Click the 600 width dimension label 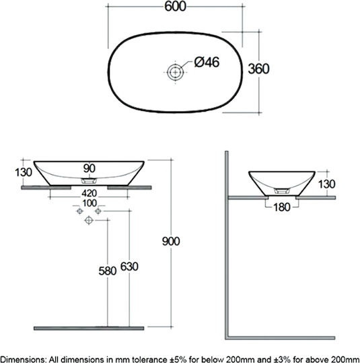pos(175,7)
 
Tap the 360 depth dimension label pos(258,69)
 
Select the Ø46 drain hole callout pos(207,63)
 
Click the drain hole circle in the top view pos(175,72)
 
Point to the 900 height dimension pos(171,241)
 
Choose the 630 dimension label pos(129,267)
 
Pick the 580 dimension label pos(108,271)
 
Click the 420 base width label pos(89,194)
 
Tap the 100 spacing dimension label pos(89,203)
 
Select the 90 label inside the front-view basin pos(89,168)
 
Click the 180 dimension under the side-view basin pos(282,207)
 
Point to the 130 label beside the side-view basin pos(326,184)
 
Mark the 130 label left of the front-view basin pos(24,173)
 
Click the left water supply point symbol pos(79,211)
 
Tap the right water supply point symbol pos(98,211)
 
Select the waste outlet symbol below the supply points pos(89,220)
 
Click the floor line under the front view pos(89,328)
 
